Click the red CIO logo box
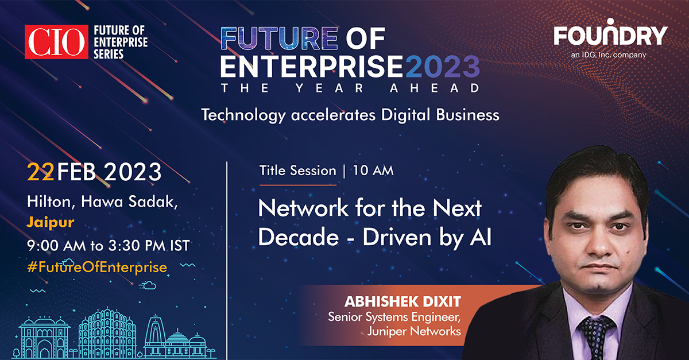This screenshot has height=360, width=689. (x=56, y=41)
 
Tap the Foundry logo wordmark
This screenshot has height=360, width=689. (x=610, y=35)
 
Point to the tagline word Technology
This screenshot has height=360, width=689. (x=242, y=115)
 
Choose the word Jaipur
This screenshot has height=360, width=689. (x=48, y=220)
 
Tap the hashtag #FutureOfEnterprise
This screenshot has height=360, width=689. (x=97, y=266)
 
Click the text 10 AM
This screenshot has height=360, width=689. (x=373, y=171)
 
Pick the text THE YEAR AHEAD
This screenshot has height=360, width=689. (x=350, y=88)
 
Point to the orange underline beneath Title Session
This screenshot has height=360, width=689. (x=297, y=185)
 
